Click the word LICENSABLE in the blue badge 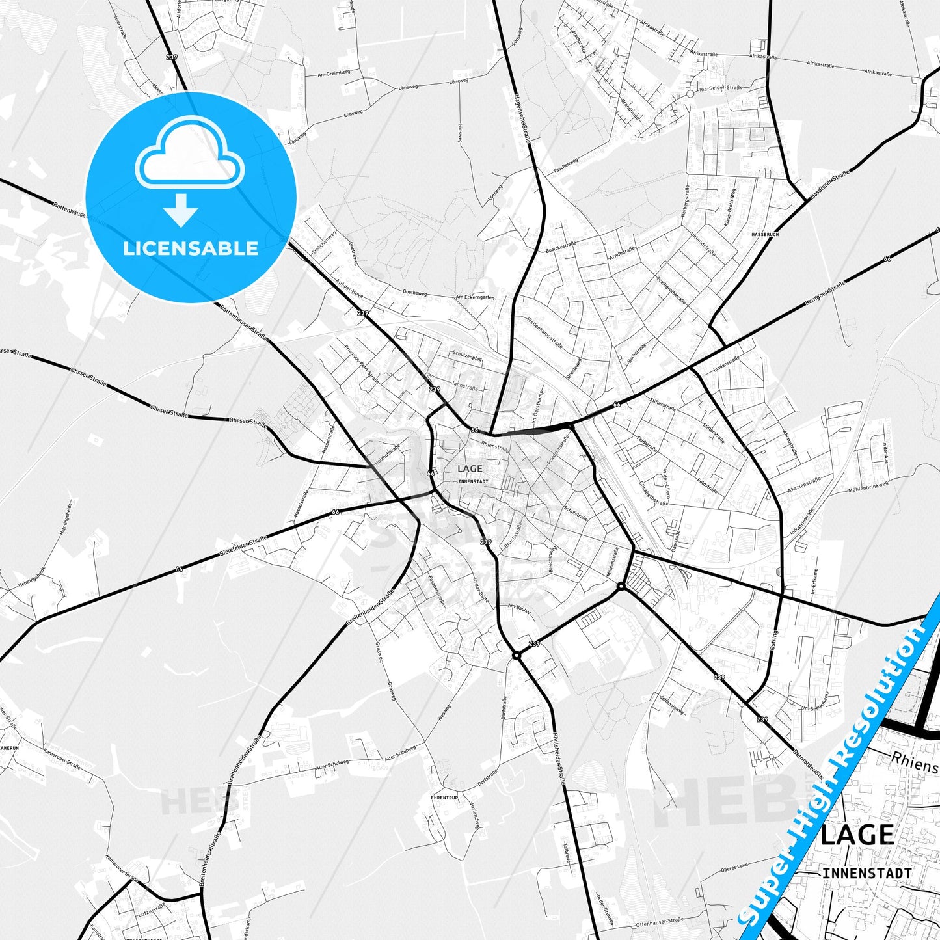point(191,248)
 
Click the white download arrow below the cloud point(181,209)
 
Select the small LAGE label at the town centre point(470,468)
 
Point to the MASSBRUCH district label point(764,234)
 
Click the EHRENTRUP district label point(444,798)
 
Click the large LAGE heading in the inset point(857,835)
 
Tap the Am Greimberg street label point(334,74)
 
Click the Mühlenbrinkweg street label point(868,486)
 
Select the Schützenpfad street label point(466,357)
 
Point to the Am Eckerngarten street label point(476,297)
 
